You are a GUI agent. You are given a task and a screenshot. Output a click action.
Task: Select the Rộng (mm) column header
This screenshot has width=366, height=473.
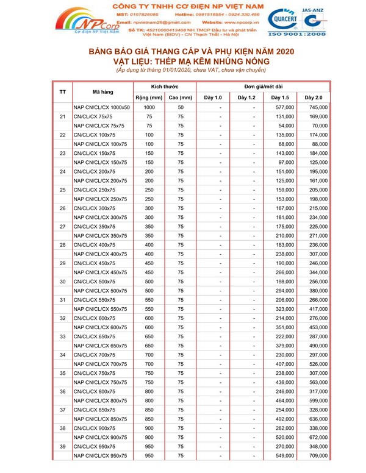[149, 98]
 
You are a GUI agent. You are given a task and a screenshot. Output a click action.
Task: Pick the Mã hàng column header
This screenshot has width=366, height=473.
[103, 93]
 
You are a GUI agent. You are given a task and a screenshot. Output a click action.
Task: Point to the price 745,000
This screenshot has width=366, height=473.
[318, 108]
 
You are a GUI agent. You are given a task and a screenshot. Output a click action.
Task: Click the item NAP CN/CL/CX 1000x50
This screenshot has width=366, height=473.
[101, 108]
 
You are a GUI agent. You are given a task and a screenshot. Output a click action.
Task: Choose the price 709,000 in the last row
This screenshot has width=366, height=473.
[318, 455]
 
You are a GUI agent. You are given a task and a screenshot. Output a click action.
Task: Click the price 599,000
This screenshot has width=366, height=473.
[318, 400]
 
